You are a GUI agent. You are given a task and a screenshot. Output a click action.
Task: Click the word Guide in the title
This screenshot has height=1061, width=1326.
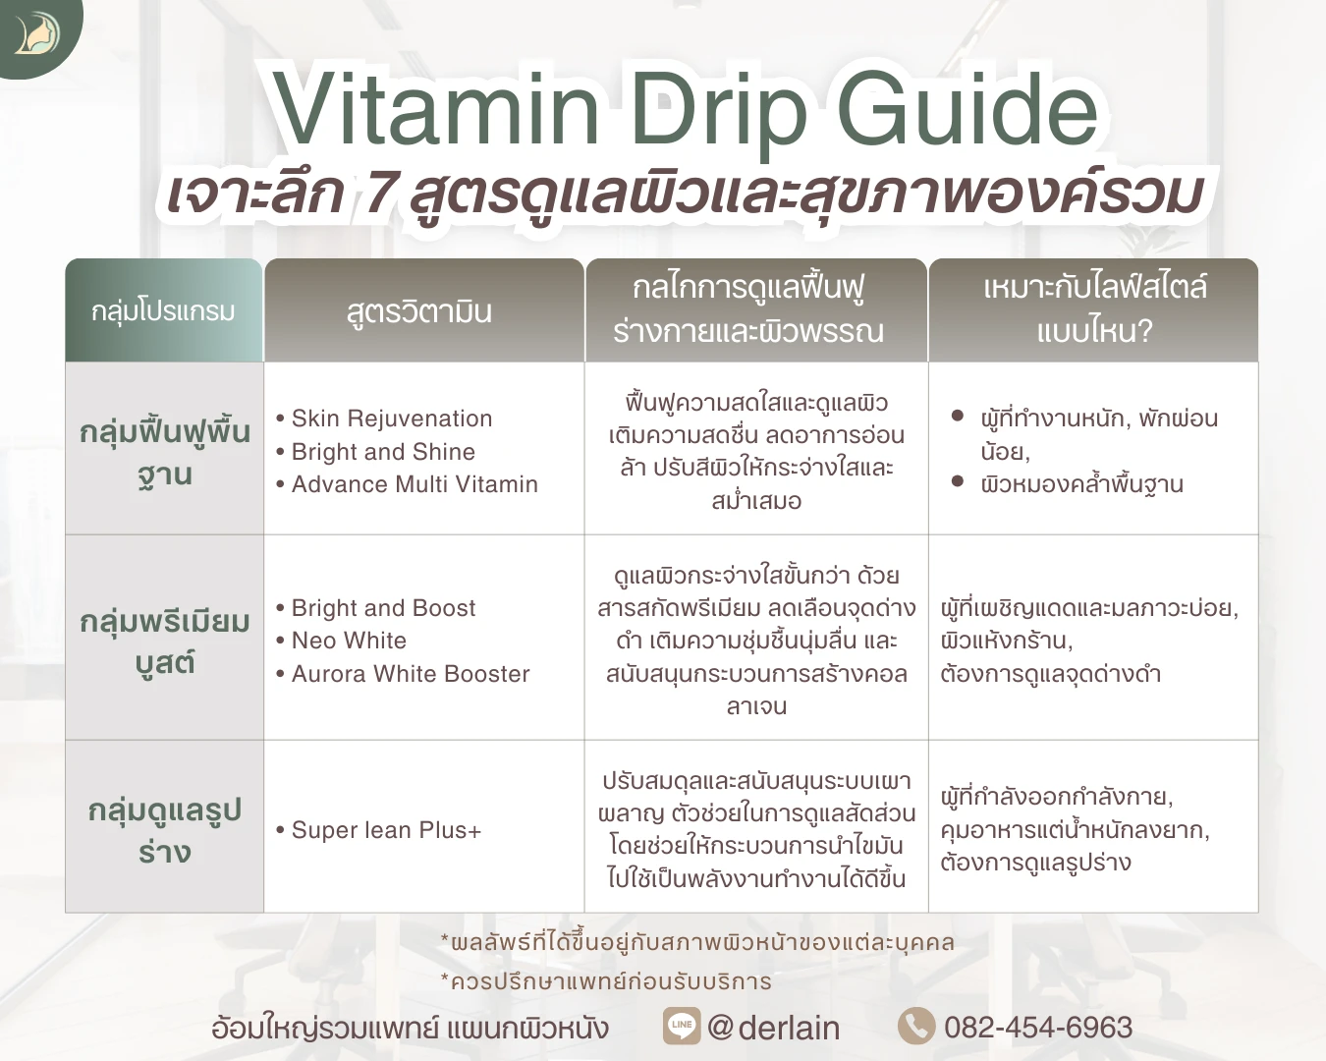click(967, 110)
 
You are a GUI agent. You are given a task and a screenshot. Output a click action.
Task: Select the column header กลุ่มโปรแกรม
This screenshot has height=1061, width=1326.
click(163, 311)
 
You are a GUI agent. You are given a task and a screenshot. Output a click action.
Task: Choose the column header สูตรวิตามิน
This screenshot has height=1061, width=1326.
click(419, 312)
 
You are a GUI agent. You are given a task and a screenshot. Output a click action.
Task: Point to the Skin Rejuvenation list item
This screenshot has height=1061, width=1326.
click(391, 419)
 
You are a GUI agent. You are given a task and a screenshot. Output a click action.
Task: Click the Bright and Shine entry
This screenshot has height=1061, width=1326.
click(382, 452)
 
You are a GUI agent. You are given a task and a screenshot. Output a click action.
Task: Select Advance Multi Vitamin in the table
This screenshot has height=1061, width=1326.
click(414, 484)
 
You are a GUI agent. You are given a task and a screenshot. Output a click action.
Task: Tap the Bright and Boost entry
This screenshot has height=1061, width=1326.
click(383, 608)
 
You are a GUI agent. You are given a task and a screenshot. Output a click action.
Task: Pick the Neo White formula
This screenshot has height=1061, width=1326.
click(349, 641)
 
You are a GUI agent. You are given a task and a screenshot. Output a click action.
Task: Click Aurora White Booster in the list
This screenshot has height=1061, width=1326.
click(410, 674)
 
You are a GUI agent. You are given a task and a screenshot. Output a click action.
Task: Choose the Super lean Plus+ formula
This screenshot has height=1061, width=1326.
click(385, 830)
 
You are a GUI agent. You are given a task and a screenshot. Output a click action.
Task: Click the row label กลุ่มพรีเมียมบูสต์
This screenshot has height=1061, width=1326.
click(165, 642)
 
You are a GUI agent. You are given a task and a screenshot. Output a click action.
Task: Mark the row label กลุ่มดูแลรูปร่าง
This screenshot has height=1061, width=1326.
click(165, 830)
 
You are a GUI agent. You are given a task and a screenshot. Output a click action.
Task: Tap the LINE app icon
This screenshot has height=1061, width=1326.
click(681, 1026)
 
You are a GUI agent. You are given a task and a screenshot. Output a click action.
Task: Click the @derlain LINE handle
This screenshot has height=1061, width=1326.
click(774, 1028)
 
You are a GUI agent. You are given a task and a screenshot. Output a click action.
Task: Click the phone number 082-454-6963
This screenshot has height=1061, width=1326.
click(1038, 1028)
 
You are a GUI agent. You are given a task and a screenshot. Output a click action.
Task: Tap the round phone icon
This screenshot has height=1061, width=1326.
click(915, 1026)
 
